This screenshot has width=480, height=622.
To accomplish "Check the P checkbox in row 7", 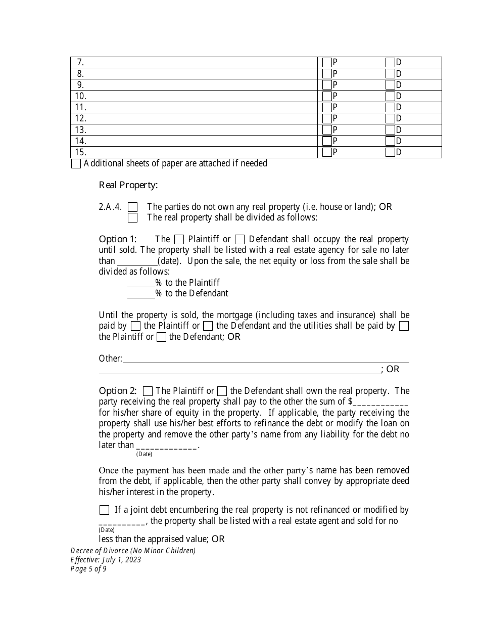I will [x=327, y=63].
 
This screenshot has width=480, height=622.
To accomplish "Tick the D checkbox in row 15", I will [x=390, y=152].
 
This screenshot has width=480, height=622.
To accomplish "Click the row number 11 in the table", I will [x=81, y=107].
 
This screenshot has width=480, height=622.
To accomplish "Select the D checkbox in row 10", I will [x=390, y=96].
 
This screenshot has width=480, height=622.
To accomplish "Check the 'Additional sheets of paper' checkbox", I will [x=76, y=164].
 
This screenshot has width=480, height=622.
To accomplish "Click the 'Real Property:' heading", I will [x=128, y=185].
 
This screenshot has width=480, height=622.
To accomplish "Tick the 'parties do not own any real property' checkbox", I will [x=133, y=207].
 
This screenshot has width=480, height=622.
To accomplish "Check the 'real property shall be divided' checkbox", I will [x=133, y=218].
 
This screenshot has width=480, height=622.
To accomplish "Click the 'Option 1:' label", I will [x=118, y=239].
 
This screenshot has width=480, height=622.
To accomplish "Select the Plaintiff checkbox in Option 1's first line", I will [x=179, y=239].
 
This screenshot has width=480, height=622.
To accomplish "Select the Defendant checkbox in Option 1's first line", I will [x=240, y=239].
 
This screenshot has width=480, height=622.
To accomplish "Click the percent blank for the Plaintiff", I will [x=141, y=283].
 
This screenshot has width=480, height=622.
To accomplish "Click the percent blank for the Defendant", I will [x=141, y=294].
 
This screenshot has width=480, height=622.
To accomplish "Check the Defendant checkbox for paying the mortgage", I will [x=208, y=326].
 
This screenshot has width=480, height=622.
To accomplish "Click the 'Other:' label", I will [x=111, y=359].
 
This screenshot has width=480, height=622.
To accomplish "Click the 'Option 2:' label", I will [x=118, y=391].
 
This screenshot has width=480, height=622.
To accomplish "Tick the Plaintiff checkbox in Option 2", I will [x=148, y=391].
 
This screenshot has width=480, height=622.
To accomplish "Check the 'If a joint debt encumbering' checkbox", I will [x=104, y=510].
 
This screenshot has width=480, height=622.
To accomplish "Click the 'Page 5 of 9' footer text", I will [x=89, y=569].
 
